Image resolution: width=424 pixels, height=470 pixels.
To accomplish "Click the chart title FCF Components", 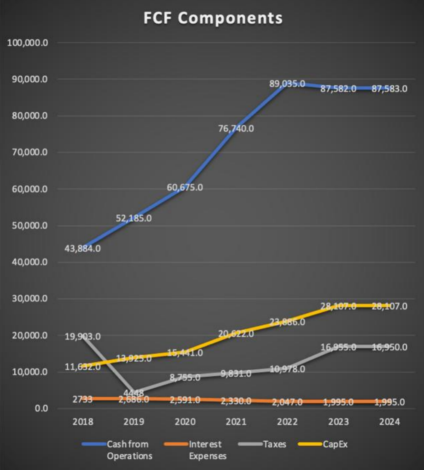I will (x=213, y=19).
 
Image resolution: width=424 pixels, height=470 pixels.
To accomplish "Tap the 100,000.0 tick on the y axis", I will (x=28, y=43).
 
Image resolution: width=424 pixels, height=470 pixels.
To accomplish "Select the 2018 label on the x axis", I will (x=83, y=422).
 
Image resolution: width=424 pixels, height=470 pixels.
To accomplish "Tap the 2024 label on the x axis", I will (x=389, y=422).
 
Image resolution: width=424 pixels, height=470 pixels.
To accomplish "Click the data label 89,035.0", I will (x=287, y=84).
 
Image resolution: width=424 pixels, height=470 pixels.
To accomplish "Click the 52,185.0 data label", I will (x=133, y=218).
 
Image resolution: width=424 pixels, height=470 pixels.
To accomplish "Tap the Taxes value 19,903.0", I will (x=83, y=337).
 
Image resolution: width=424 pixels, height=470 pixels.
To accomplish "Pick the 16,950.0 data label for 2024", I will (x=389, y=347).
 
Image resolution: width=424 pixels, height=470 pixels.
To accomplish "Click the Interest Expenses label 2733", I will (x=82, y=399).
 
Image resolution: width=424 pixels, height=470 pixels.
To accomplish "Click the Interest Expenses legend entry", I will (x=206, y=449).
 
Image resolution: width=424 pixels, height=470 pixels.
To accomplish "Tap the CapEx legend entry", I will (x=335, y=444).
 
